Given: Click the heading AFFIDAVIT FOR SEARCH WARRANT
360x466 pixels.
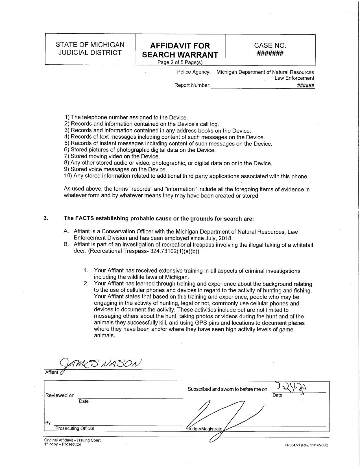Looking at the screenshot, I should (x=180, y=50).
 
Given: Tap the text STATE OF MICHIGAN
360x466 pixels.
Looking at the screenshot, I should (x=90, y=45).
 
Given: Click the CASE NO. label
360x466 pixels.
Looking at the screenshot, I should (x=270, y=45).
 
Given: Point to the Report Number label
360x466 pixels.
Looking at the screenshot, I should (x=192, y=85).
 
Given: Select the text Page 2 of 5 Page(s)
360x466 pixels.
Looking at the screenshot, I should (x=180, y=62).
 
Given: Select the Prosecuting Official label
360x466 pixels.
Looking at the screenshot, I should (x=75, y=428).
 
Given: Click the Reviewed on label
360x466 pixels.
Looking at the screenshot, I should (x=60, y=395).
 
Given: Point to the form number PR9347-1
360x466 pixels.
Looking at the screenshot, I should (x=306, y=445).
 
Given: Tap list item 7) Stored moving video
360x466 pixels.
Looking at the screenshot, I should (x=112, y=156).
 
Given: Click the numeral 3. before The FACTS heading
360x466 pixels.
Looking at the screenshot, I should (x=46, y=218).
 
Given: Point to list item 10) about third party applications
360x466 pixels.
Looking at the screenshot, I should (x=186, y=176).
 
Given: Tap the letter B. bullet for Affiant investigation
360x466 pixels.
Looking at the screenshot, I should (x=66, y=244).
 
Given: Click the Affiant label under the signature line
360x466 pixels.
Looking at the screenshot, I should (x=52, y=372).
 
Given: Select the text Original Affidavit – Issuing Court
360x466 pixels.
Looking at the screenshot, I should (x=72, y=440).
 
